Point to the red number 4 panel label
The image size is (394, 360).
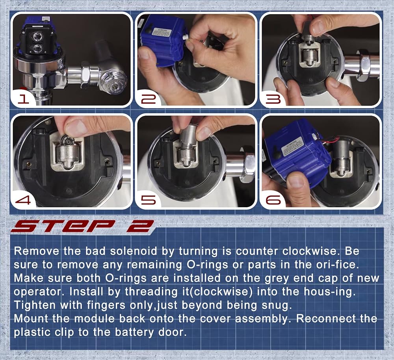[23, 200]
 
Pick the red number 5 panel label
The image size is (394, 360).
[148, 200]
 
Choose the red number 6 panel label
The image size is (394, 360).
[273, 200]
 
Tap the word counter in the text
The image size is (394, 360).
[256, 251]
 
